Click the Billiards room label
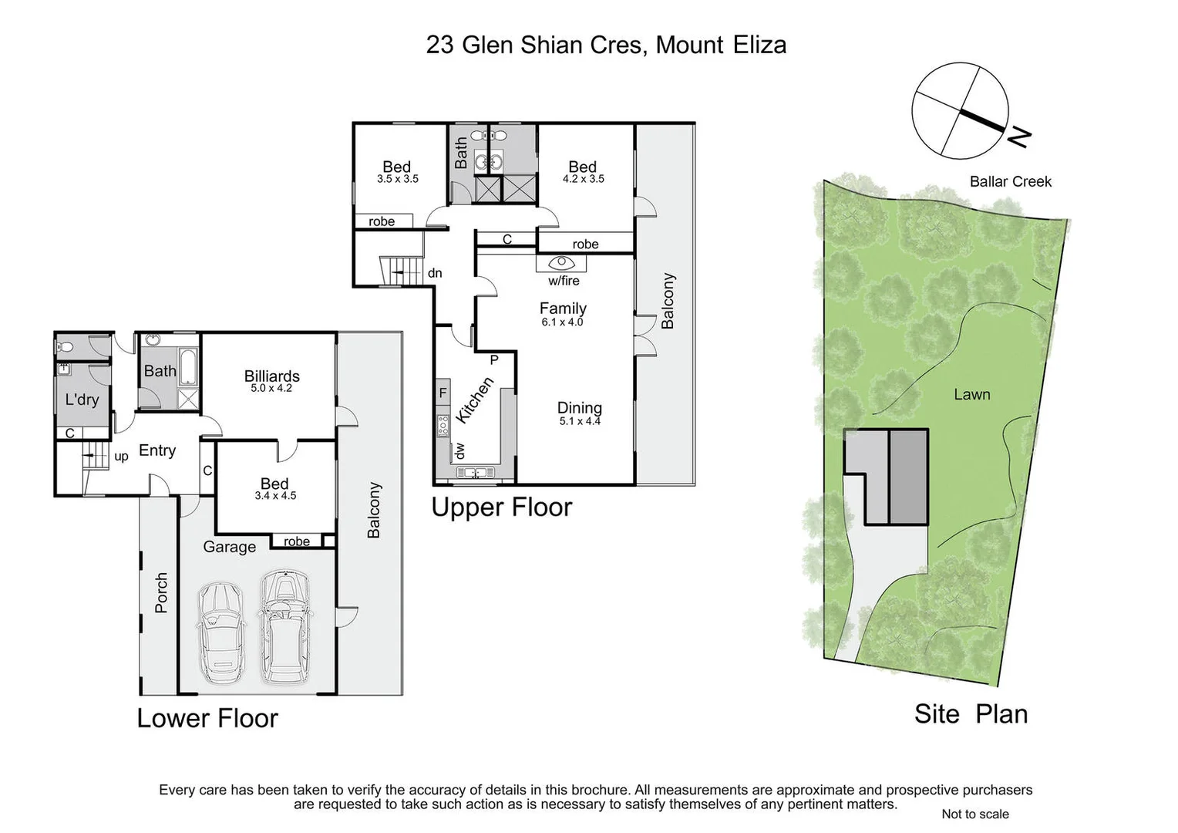271,376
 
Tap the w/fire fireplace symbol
562,263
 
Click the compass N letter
1020,138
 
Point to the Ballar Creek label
1010,182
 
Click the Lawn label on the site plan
971,395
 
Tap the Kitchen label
474,400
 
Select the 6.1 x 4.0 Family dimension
562,322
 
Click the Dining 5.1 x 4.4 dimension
579,421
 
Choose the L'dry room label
82,400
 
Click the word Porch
161,592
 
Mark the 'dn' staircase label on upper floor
435,273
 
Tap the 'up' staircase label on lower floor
121,457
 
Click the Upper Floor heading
501,508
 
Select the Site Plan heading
971,714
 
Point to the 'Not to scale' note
974,814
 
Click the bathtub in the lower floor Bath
188,368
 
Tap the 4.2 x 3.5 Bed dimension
583,179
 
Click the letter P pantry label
494,360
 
